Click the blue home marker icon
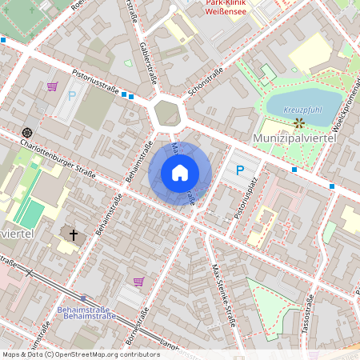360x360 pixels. [180, 173]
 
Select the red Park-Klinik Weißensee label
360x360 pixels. [226, 8]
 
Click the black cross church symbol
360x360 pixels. [74, 235]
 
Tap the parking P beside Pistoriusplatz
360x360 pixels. [239, 170]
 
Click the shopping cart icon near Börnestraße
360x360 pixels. [139, 282]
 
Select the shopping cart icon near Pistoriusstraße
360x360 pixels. [53, 86]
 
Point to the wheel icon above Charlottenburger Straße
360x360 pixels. [27, 132]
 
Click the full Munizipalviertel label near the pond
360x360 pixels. [293, 138]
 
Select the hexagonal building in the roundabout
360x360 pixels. [167, 113]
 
